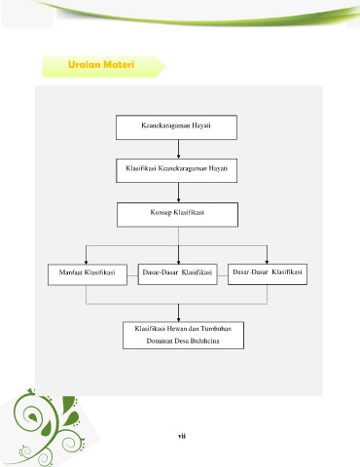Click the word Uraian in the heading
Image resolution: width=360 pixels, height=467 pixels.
(84, 64)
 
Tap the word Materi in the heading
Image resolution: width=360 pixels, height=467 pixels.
(119, 64)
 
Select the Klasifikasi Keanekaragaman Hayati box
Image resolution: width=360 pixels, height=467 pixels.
(177, 170)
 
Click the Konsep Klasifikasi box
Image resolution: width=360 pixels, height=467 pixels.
(177, 215)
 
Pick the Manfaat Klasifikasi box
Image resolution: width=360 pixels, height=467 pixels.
(88, 274)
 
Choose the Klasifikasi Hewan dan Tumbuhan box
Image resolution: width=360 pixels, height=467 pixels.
(183, 336)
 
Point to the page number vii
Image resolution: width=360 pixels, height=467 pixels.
(182, 436)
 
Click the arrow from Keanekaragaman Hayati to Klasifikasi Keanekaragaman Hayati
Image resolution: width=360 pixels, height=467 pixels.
(178, 149)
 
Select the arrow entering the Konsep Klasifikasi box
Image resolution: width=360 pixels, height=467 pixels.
(178, 193)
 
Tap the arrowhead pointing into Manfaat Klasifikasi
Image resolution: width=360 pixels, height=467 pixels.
(86, 262)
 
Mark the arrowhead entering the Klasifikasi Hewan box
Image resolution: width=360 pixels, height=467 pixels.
(178, 319)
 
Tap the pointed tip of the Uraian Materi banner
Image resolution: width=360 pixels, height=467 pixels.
(165, 66)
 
